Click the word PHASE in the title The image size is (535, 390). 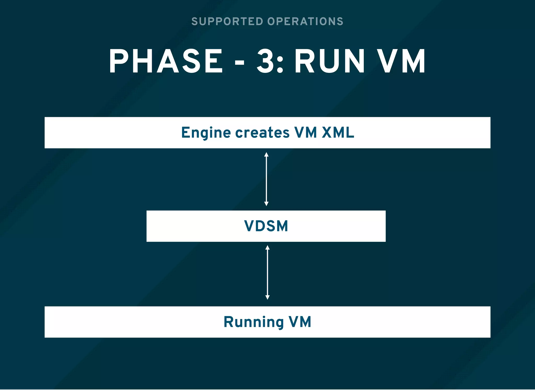click(166, 61)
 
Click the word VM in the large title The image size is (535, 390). click(402, 61)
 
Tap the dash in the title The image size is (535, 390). click(240, 63)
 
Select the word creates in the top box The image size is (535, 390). click(262, 133)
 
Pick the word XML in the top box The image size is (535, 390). click(338, 133)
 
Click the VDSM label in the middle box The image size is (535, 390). click(266, 226)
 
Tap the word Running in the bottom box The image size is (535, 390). click(253, 322)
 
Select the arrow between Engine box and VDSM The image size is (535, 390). click(266, 179)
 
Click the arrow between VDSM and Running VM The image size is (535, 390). click(267, 272)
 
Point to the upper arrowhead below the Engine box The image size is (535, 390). click(266, 155)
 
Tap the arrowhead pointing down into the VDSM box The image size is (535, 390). click(266, 204)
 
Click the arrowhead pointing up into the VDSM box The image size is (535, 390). click(267, 247)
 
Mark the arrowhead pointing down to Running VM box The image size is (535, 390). click(267, 297)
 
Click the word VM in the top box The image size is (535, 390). click(305, 133)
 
